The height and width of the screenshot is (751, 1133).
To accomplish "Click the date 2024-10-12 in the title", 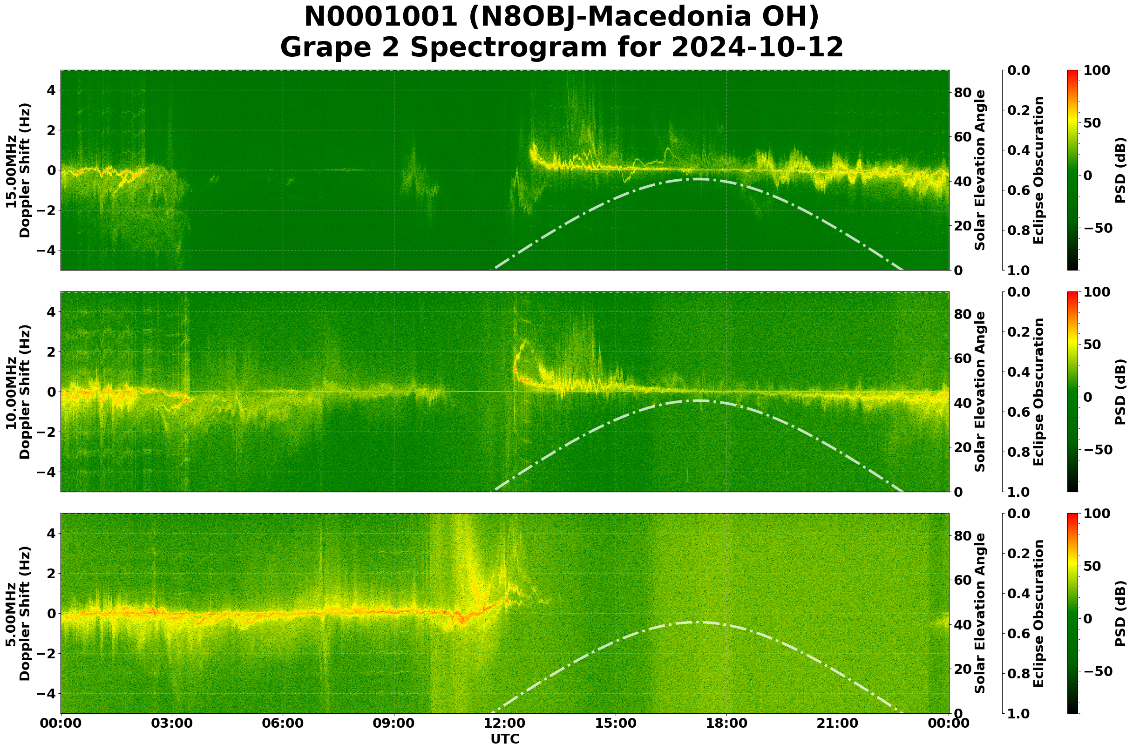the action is coord(757,47).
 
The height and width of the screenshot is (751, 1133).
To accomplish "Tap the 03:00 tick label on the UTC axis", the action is coord(172,723).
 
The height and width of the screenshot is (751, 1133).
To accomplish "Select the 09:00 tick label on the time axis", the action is coord(394,723).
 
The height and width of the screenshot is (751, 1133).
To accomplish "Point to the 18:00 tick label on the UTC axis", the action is coord(727,723).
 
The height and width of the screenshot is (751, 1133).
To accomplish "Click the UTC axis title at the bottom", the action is coord(505,739).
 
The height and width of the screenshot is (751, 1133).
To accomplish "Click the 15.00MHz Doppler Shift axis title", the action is coord(18,170).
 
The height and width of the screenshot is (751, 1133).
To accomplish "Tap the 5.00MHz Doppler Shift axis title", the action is coord(18,614).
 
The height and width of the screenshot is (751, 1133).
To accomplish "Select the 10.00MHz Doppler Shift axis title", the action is coord(18,392).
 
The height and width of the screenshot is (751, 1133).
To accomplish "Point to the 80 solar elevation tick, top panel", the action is coord(963,93).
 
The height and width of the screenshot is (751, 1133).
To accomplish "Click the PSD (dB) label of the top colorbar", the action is coord(1120,170).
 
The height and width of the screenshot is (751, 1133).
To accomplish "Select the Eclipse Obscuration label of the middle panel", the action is coord(1038,392).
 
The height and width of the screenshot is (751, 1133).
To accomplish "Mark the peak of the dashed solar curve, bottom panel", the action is coord(695,622).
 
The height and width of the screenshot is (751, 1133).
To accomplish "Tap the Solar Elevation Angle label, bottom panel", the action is coord(980,614).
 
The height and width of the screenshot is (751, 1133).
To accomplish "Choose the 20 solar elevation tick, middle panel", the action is coord(963,448).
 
